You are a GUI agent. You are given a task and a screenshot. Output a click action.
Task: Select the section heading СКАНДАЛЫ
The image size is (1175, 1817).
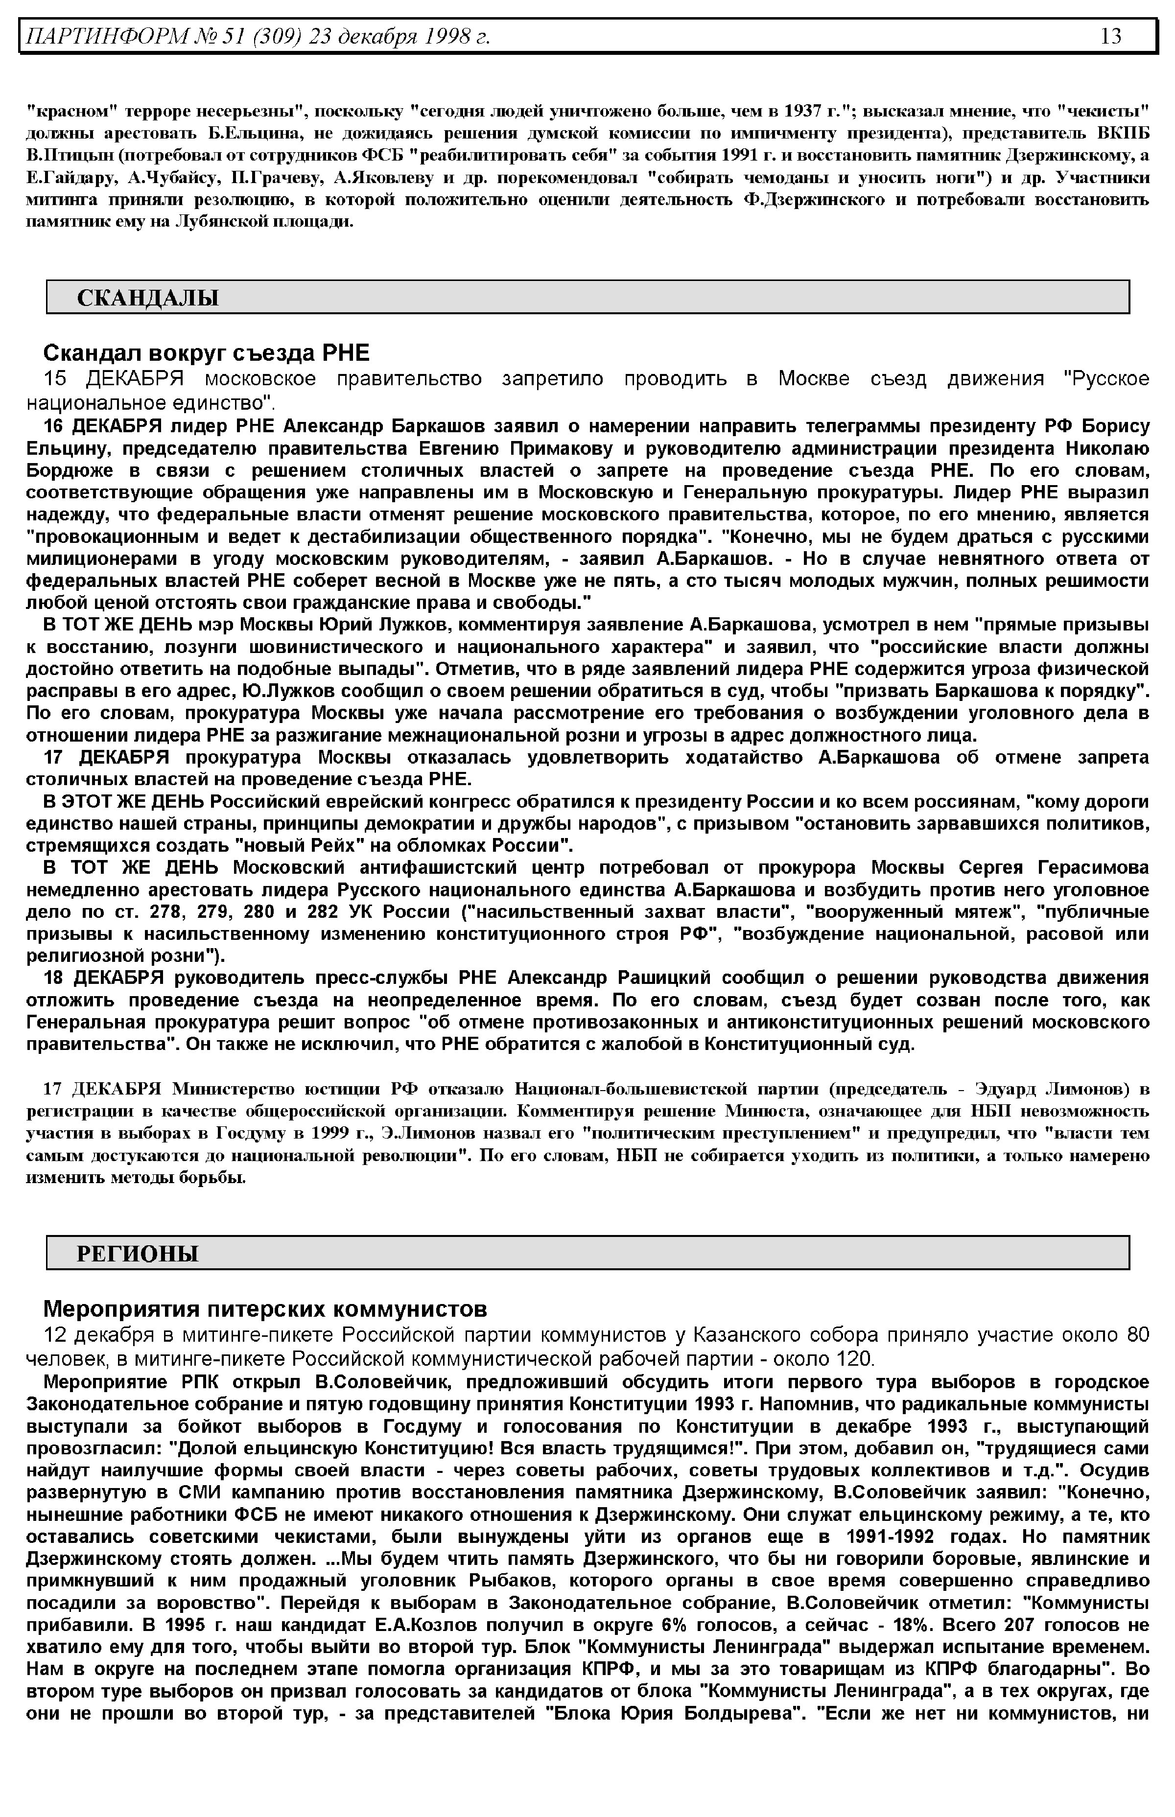148,298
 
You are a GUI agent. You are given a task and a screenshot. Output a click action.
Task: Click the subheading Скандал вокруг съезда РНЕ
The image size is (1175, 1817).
206,352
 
